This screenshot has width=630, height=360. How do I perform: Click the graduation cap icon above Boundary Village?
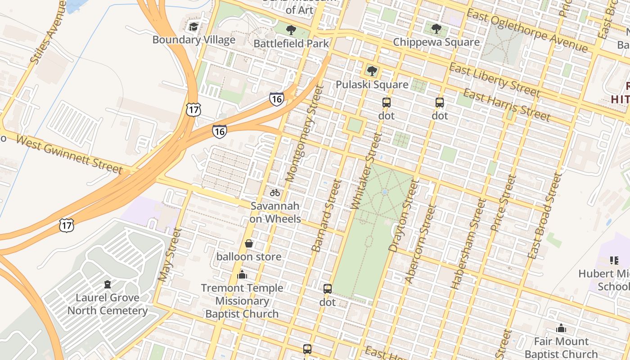pyautogui.click(x=193, y=27)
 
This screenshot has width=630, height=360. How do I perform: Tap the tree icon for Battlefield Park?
pyautogui.click(x=291, y=30)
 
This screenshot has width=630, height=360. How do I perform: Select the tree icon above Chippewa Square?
pyautogui.click(x=436, y=29)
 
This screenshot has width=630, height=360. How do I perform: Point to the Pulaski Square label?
pyautogui.click(x=372, y=85)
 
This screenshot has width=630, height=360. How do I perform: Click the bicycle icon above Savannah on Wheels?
pyautogui.click(x=275, y=193)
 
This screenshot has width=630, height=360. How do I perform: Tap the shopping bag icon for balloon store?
pyautogui.click(x=249, y=243)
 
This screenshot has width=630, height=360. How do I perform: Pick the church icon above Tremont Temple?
pyautogui.click(x=242, y=274)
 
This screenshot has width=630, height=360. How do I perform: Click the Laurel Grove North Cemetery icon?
pyautogui.click(x=108, y=284)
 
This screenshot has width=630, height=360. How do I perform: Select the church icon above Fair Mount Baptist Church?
pyautogui.click(x=561, y=328)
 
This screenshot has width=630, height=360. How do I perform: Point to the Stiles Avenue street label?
pyautogui.click(x=48, y=32)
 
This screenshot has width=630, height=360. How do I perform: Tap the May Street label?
pyautogui.click(x=170, y=255)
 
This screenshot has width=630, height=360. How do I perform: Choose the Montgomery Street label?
pyautogui.click(x=305, y=134)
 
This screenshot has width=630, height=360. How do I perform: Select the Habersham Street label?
pyautogui.click(x=468, y=243)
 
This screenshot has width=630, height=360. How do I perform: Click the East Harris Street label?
pyautogui.click(x=507, y=105)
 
